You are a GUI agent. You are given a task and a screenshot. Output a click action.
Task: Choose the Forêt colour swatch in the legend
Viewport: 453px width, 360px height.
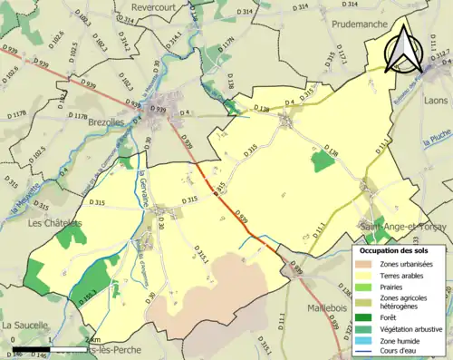(x=365, y=316)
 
